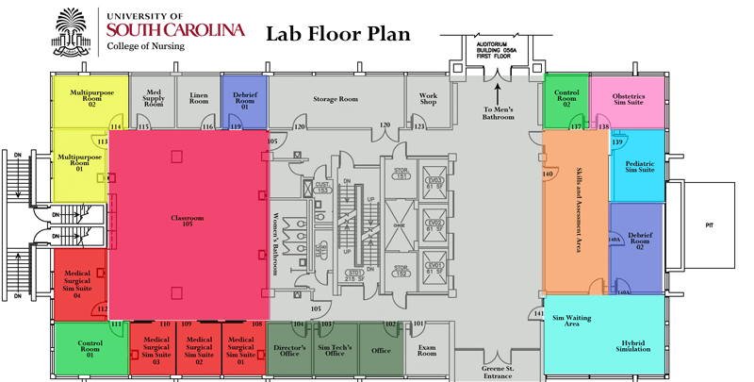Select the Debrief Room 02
click(x=639, y=241)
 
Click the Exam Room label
click(x=427, y=352)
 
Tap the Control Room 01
click(x=90, y=350)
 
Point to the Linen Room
click(x=199, y=98)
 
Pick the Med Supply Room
click(x=154, y=97)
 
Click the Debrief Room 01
click(x=245, y=100)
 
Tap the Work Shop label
click(x=429, y=98)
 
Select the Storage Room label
click(x=336, y=98)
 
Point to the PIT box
click(x=710, y=226)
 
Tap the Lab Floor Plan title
click(x=338, y=35)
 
